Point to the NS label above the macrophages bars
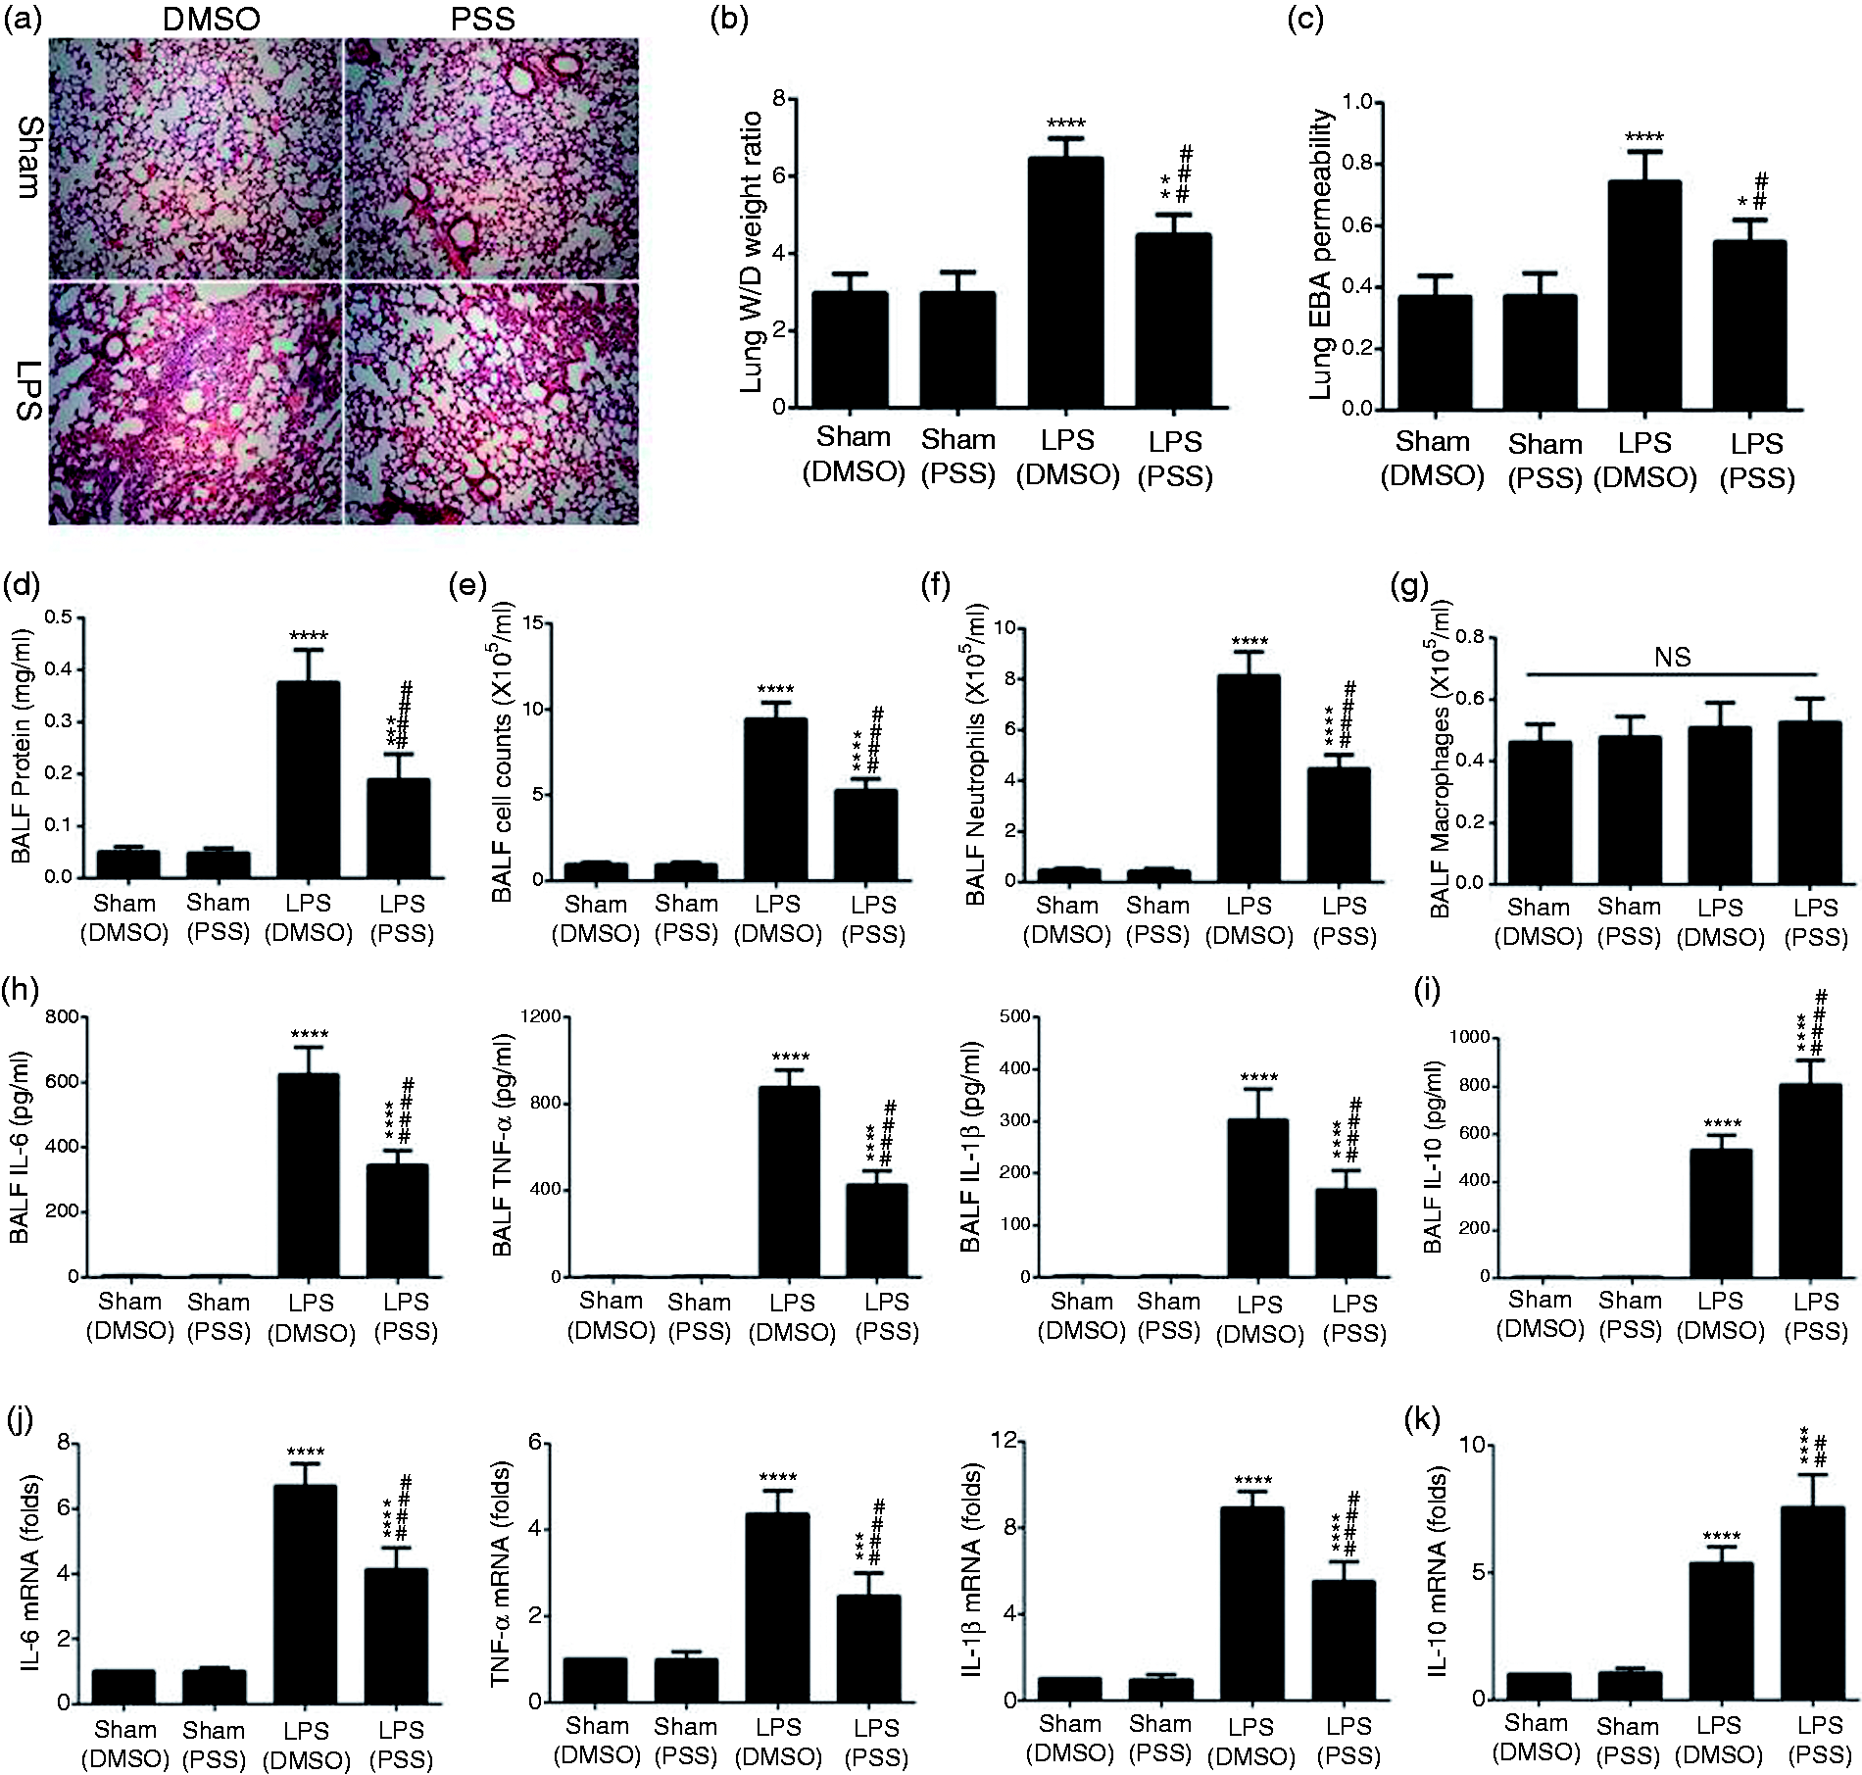pos(1672,657)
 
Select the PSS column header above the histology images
pos(484,19)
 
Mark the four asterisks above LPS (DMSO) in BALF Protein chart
pos(309,636)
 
